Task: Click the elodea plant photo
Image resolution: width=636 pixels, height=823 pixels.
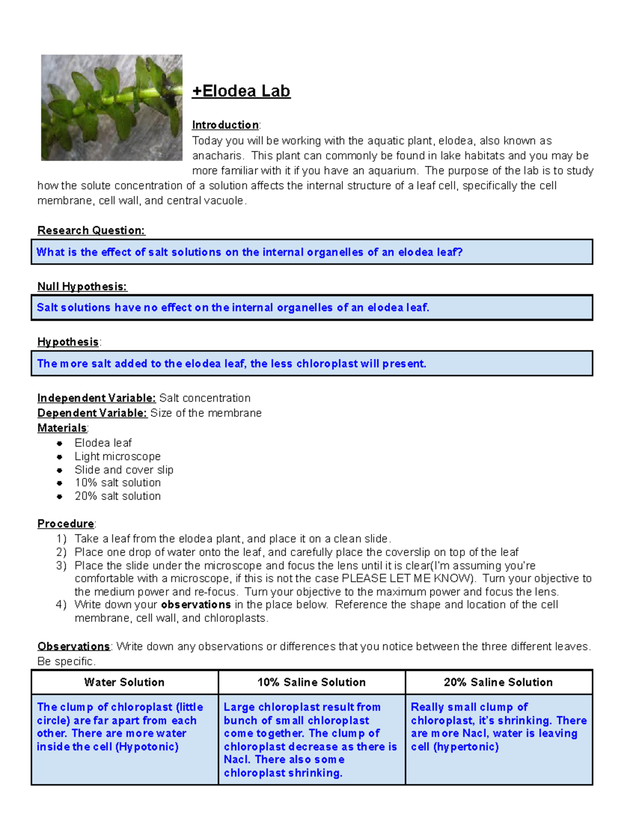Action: (111, 108)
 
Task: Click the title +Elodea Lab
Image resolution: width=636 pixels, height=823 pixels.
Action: (241, 91)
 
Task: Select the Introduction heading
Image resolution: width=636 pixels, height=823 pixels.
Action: (225, 125)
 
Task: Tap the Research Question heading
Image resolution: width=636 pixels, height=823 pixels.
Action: (91, 231)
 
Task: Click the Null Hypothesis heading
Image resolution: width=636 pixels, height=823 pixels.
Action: (82, 287)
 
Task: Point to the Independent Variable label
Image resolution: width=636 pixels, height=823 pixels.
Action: (96, 398)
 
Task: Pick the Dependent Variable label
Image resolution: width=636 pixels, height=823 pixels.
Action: (92, 413)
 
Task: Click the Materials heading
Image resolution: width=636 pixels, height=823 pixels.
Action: (62, 428)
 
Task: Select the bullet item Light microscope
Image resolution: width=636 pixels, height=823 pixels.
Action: (117, 456)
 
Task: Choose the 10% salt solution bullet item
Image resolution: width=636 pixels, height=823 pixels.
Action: (117, 483)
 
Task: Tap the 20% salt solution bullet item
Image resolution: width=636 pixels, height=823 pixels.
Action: (117, 496)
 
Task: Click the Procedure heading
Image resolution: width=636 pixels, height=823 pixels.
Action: (66, 524)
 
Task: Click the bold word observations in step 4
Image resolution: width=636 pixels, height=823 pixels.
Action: (196, 605)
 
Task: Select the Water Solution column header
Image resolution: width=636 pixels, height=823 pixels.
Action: (125, 682)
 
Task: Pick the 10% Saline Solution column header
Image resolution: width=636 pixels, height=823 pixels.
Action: (312, 682)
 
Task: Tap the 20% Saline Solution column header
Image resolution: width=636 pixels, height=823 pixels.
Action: (498, 682)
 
